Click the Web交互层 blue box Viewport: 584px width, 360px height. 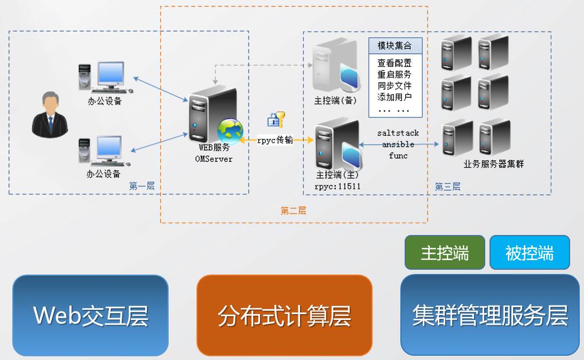90,315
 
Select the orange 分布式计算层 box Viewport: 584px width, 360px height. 284,315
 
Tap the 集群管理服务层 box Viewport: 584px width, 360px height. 490,315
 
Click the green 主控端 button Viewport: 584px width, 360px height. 445,253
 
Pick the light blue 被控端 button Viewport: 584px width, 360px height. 530,253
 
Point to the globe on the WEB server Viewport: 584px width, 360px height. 230,131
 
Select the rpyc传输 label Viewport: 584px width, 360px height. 275,140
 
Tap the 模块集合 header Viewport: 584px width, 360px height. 396,45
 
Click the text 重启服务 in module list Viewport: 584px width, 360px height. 394,74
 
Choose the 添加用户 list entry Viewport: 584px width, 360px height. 394,97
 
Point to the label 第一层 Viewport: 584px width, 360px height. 141,186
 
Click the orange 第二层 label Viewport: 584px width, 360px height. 293,210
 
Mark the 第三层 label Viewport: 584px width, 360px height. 447,186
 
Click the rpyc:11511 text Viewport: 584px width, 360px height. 337,185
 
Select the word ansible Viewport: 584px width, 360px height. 398,144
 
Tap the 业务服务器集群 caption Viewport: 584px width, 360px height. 494,164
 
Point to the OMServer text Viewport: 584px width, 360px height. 214,159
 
